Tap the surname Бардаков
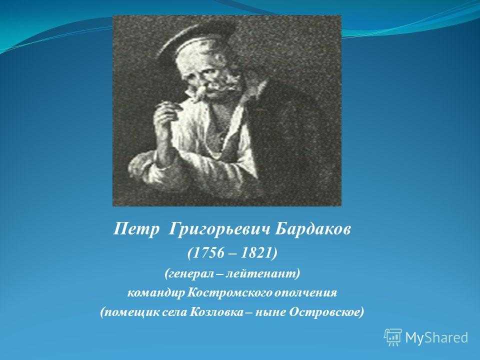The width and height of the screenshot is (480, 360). click(312, 229)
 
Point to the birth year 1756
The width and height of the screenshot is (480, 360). click(207, 253)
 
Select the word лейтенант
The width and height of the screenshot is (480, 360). click(261, 273)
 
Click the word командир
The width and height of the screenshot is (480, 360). click(156, 293)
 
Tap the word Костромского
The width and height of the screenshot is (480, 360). click(229, 293)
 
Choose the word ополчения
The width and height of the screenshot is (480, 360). click(305, 293)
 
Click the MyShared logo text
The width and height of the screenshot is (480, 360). click(436, 337)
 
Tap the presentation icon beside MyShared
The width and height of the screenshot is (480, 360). click(393, 337)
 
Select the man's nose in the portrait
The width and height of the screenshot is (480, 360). click(200, 89)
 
